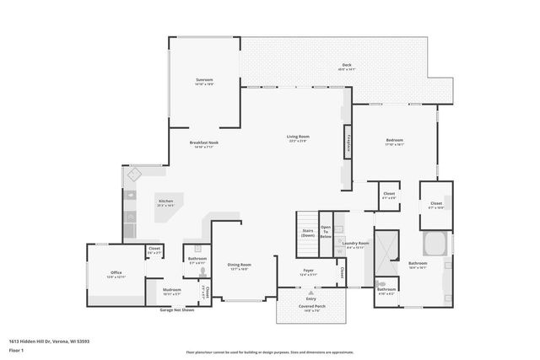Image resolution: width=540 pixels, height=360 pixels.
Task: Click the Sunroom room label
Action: [204, 81]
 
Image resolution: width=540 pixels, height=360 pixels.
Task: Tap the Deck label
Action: [346, 66]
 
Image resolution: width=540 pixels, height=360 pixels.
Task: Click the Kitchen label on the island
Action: [166, 202]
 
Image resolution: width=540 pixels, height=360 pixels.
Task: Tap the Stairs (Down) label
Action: [308, 234]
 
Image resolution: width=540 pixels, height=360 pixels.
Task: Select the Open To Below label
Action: [326, 233]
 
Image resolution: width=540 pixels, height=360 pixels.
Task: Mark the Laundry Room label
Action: [355, 244]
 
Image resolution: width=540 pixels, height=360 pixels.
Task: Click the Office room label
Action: [116, 273]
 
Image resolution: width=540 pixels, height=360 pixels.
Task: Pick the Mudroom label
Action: [171, 291]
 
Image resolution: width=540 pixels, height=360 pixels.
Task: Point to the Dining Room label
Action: [239, 266]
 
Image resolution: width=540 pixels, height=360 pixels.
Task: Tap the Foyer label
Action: [309, 271]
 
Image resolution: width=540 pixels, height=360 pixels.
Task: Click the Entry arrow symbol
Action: [310, 292]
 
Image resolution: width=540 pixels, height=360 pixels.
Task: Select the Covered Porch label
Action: [310, 307]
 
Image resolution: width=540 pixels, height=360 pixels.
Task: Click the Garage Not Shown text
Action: [177, 309]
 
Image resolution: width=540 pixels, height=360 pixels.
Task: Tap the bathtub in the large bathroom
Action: [436, 245]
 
